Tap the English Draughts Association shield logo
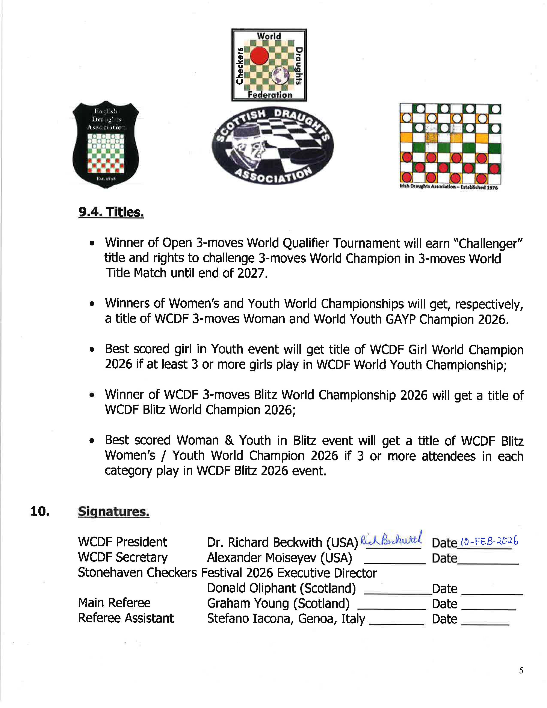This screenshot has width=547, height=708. (106, 145)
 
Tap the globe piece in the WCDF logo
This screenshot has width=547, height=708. (278, 75)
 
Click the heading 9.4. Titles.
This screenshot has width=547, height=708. (111, 212)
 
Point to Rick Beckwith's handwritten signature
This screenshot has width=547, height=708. (391, 539)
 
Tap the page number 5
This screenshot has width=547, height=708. (521, 670)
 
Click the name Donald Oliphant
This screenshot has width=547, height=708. (251, 588)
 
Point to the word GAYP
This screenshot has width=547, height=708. (400, 319)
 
